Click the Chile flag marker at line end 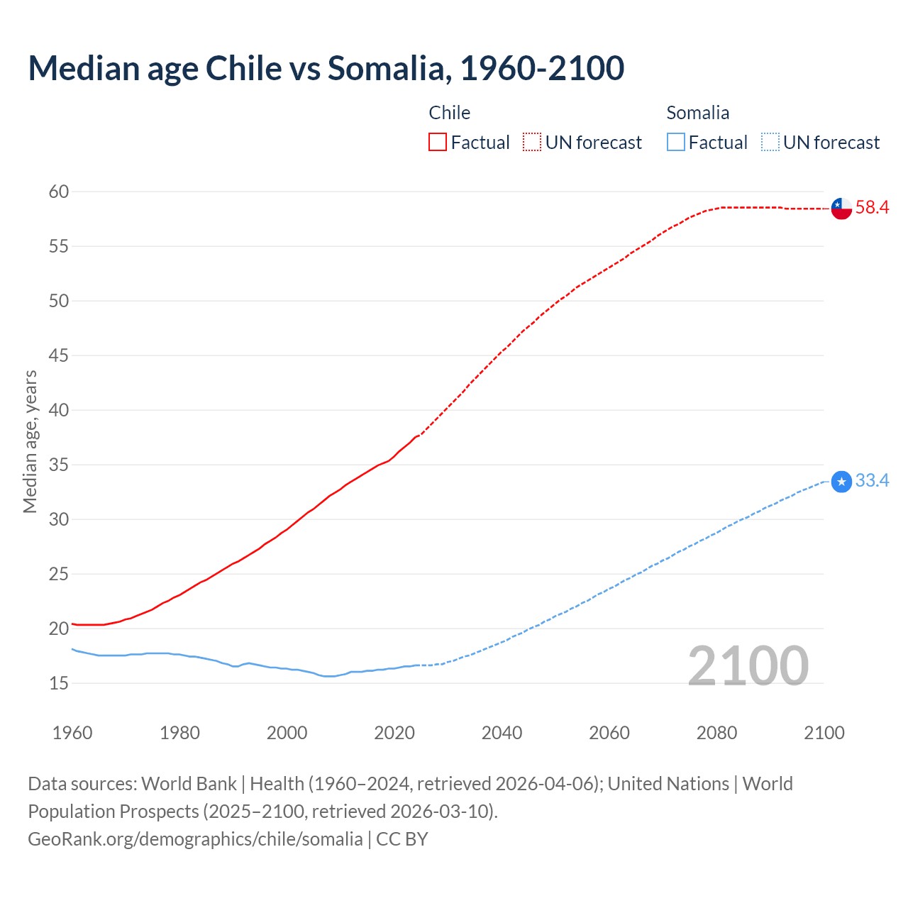(841, 209)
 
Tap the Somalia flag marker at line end (841, 482)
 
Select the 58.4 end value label (872, 208)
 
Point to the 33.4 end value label (872, 481)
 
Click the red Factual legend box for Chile (438, 143)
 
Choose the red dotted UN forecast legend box (532, 143)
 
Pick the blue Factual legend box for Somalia (676, 143)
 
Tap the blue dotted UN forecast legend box (770, 143)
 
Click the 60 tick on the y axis (59, 192)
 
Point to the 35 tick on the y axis (59, 465)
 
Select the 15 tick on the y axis (59, 683)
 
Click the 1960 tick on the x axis (72, 733)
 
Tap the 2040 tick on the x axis (502, 733)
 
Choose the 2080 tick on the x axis (716, 733)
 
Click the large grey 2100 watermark (748, 665)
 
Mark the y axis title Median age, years (30, 441)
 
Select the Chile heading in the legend (449, 113)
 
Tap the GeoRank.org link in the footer (195, 839)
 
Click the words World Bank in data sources (189, 784)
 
